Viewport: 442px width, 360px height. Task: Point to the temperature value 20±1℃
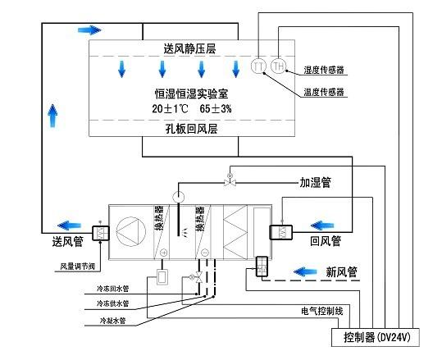(170, 108)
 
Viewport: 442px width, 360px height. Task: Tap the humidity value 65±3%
(216, 108)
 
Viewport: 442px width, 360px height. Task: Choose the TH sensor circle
(281, 66)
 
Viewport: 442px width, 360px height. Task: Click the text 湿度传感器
(323, 71)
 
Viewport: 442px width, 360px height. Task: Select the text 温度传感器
(323, 92)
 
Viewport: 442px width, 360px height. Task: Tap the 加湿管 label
(315, 182)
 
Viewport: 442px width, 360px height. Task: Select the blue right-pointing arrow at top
(86, 30)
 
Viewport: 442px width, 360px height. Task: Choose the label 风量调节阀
(78, 265)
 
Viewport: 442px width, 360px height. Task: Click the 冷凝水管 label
(115, 319)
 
